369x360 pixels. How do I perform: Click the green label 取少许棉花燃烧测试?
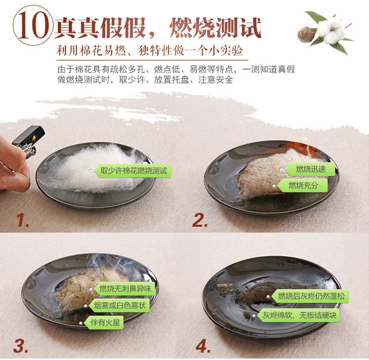[133, 170]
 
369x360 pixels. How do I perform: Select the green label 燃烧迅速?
[310, 169]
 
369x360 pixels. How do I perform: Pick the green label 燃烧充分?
[303, 185]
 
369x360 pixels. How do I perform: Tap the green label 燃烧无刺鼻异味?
[125, 289]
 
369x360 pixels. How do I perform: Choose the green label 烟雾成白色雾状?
[119, 305]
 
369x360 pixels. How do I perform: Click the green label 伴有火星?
[104, 322]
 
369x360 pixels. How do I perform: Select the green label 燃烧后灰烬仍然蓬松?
[310, 296]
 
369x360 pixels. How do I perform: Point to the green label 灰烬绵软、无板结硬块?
[298, 315]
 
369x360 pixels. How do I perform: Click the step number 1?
[22, 220]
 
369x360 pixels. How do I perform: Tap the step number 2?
[200, 220]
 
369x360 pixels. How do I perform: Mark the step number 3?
[21, 346]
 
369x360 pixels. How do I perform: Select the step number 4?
[203, 346]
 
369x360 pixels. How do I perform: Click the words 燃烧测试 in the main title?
[215, 28]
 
